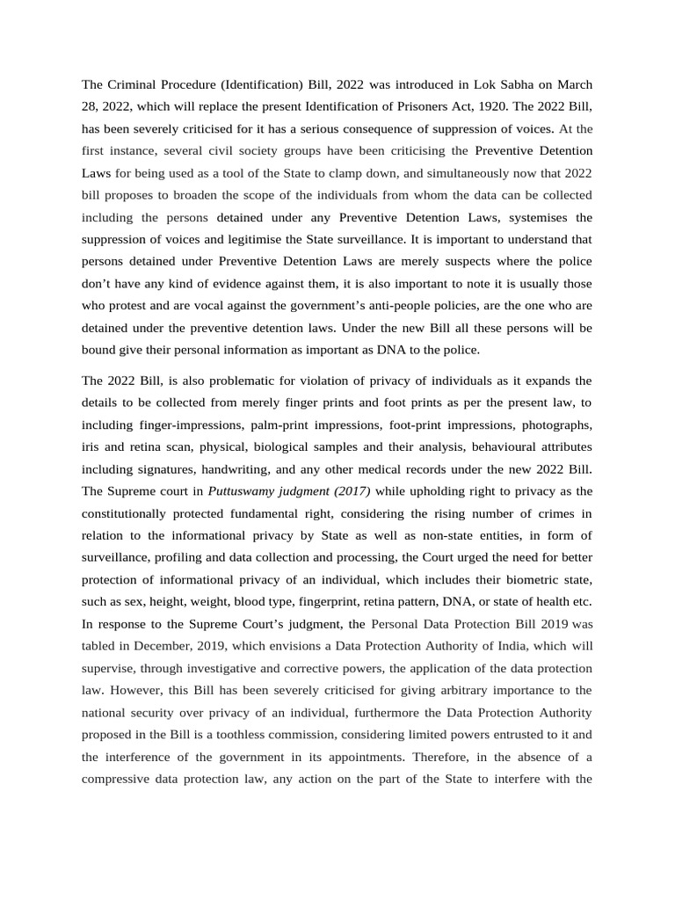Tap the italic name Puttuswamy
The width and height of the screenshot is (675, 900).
(x=247, y=490)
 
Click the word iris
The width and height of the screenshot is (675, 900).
(x=91, y=446)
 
